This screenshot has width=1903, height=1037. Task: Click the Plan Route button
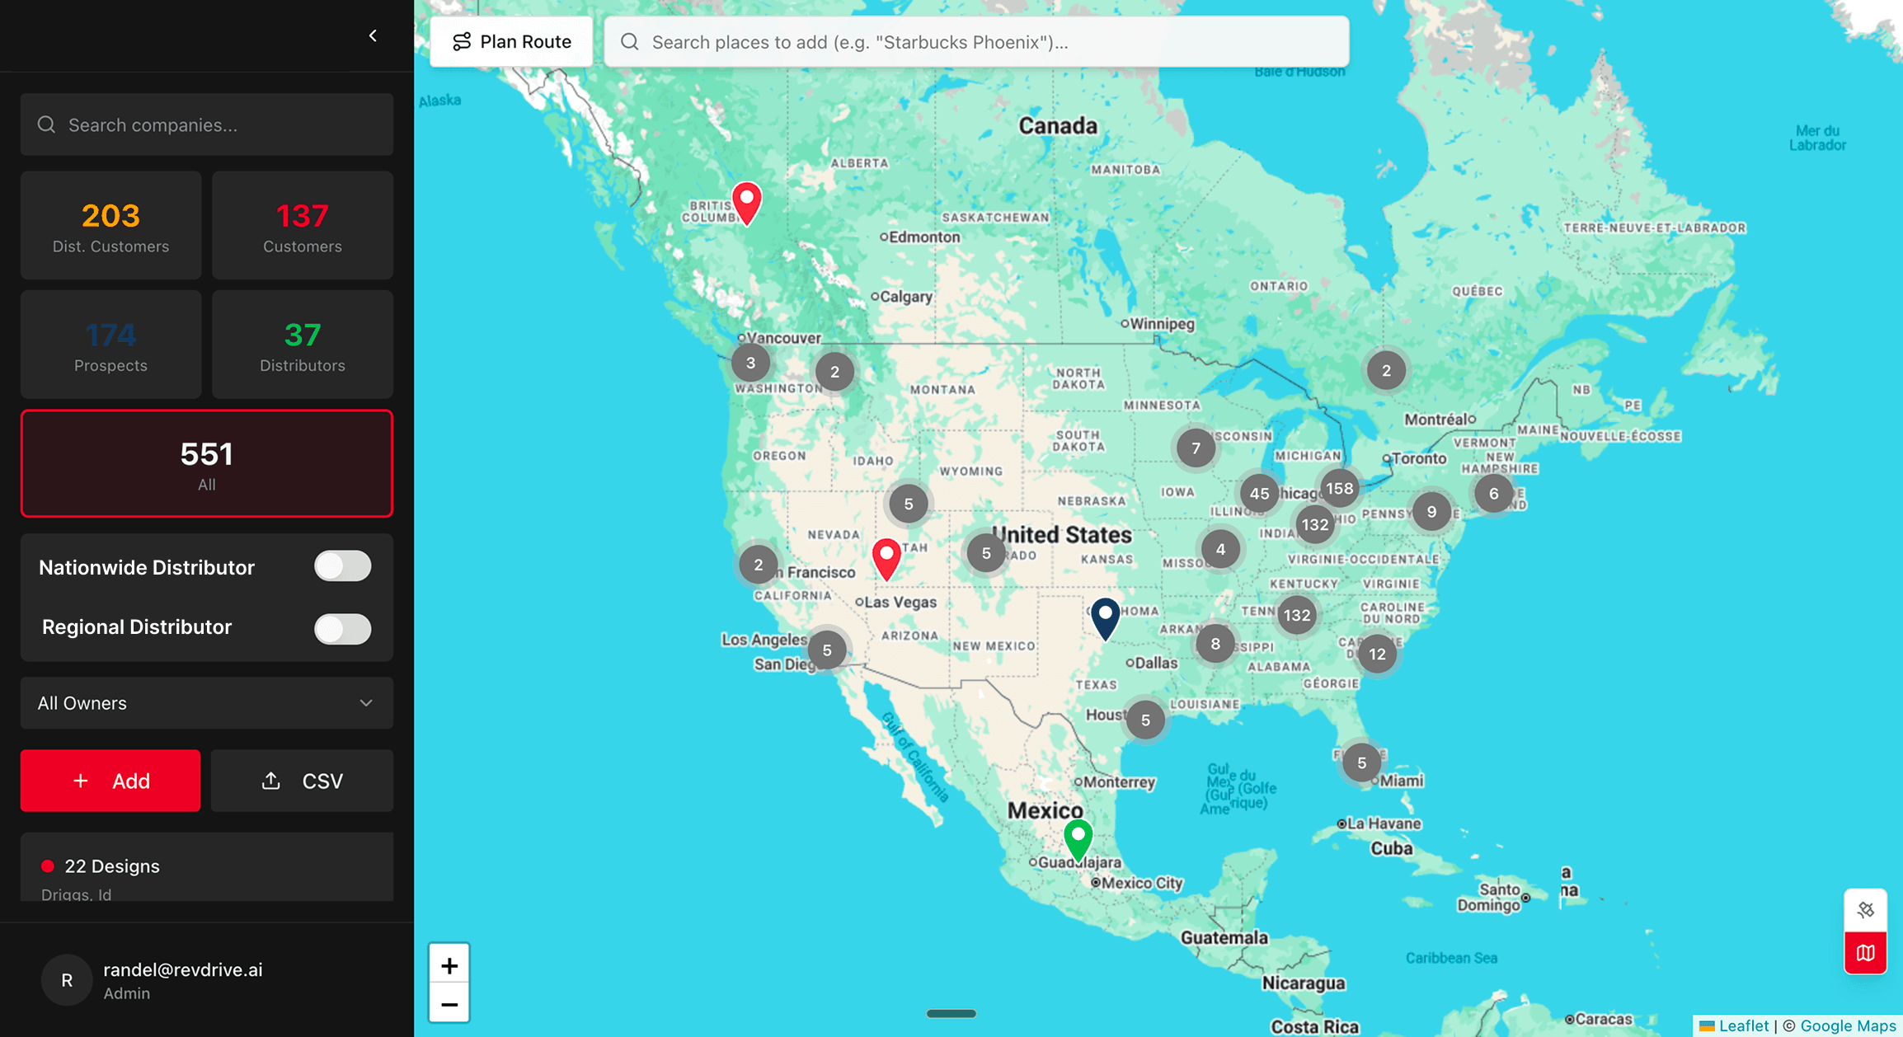pyautogui.click(x=511, y=42)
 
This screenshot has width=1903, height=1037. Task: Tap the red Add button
pyautogui.click(x=110, y=781)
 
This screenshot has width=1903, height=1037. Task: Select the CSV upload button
pyautogui.click(x=302, y=781)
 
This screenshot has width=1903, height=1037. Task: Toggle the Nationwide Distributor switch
pyautogui.click(x=342, y=566)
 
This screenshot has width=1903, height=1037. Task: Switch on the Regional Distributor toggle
pyautogui.click(x=342, y=628)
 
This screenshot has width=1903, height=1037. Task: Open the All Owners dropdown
pyautogui.click(x=206, y=703)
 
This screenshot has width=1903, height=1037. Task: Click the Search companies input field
pyautogui.click(x=206, y=124)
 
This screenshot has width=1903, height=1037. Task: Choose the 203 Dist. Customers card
pyautogui.click(x=110, y=225)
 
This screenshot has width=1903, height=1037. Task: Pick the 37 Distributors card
pyautogui.click(x=302, y=344)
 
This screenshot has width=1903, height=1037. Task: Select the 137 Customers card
pyautogui.click(x=302, y=225)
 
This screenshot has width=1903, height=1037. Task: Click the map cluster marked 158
pyautogui.click(x=1339, y=488)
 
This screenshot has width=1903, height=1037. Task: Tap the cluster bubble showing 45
pyautogui.click(x=1259, y=493)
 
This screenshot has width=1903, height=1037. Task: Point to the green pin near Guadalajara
pyautogui.click(x=1078, y=838)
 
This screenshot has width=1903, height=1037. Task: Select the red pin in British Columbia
pyautogui.click(x=747, y=200)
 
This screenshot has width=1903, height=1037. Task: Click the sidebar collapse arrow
pyautogui.click(x=373, y=35)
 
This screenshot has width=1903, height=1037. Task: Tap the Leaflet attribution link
pyautogui.click(x=1743, y=1025)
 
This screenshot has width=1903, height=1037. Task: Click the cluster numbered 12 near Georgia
pyautogui.click(x=1377, y=654)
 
